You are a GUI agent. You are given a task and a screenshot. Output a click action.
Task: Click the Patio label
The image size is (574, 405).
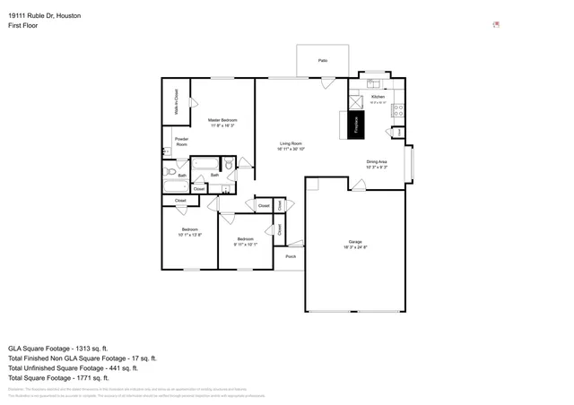pos(322,60)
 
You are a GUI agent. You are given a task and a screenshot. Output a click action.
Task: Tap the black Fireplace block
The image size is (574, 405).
pos(355,125)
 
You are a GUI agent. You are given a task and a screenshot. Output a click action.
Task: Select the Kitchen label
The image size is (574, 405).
pos(378,97)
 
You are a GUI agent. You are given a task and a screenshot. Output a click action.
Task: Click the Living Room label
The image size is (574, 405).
pos(291,143)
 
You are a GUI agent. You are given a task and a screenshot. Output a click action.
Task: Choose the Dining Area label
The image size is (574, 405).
pos(377,161)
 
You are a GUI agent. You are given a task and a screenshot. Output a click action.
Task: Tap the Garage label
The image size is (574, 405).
pos(355,241)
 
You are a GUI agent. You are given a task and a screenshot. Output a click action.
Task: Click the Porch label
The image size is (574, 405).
pos(291,257)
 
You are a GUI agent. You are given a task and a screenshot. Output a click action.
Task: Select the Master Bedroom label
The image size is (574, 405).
pos(222,120)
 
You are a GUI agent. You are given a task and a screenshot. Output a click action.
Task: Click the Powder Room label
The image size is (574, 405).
pos(181,142)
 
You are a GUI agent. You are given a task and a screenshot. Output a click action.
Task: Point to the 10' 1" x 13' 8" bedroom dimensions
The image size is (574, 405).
pos(189,235)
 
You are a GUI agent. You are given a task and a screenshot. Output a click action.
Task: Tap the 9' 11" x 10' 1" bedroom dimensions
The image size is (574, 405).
pos(246,244)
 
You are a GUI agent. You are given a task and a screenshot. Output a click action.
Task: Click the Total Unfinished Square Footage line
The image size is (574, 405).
pos(73,367)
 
